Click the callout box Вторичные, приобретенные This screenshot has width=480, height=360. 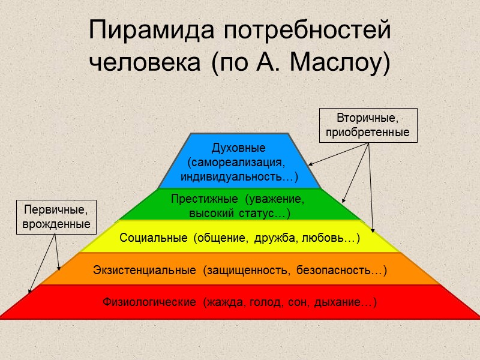tap(368, 125)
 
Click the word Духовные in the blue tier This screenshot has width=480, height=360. tap(239, 148)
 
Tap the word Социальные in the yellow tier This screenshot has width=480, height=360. tap(152, 238)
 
